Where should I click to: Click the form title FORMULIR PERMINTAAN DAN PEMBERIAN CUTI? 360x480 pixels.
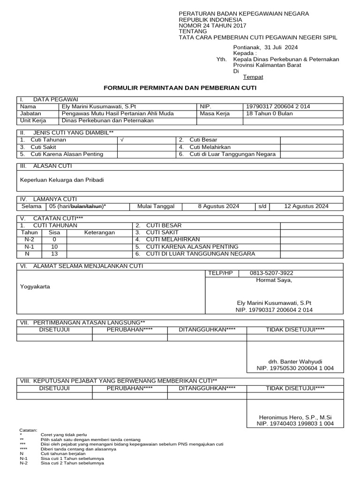pos(180,88)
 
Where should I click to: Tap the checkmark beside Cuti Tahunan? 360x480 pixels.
pos(122,140)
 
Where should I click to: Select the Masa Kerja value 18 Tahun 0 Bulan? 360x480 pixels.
pos(269,113)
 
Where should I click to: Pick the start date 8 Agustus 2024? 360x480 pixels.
pos(218,206)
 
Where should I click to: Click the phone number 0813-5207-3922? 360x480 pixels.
pos(271,273)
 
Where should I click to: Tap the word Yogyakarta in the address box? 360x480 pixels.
pos(35,287)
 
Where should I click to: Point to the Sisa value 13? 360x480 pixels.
pos(54,254)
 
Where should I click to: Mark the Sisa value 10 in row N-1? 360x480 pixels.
pos(54,247)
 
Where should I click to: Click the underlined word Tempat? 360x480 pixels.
pos(253,77)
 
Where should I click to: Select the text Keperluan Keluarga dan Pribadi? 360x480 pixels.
pos(62,180)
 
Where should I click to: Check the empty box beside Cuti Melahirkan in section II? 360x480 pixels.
pos(311,147)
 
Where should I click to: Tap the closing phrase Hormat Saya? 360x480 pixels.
pos(274,280)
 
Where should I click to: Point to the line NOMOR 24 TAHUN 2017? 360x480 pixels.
pos(212,26)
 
